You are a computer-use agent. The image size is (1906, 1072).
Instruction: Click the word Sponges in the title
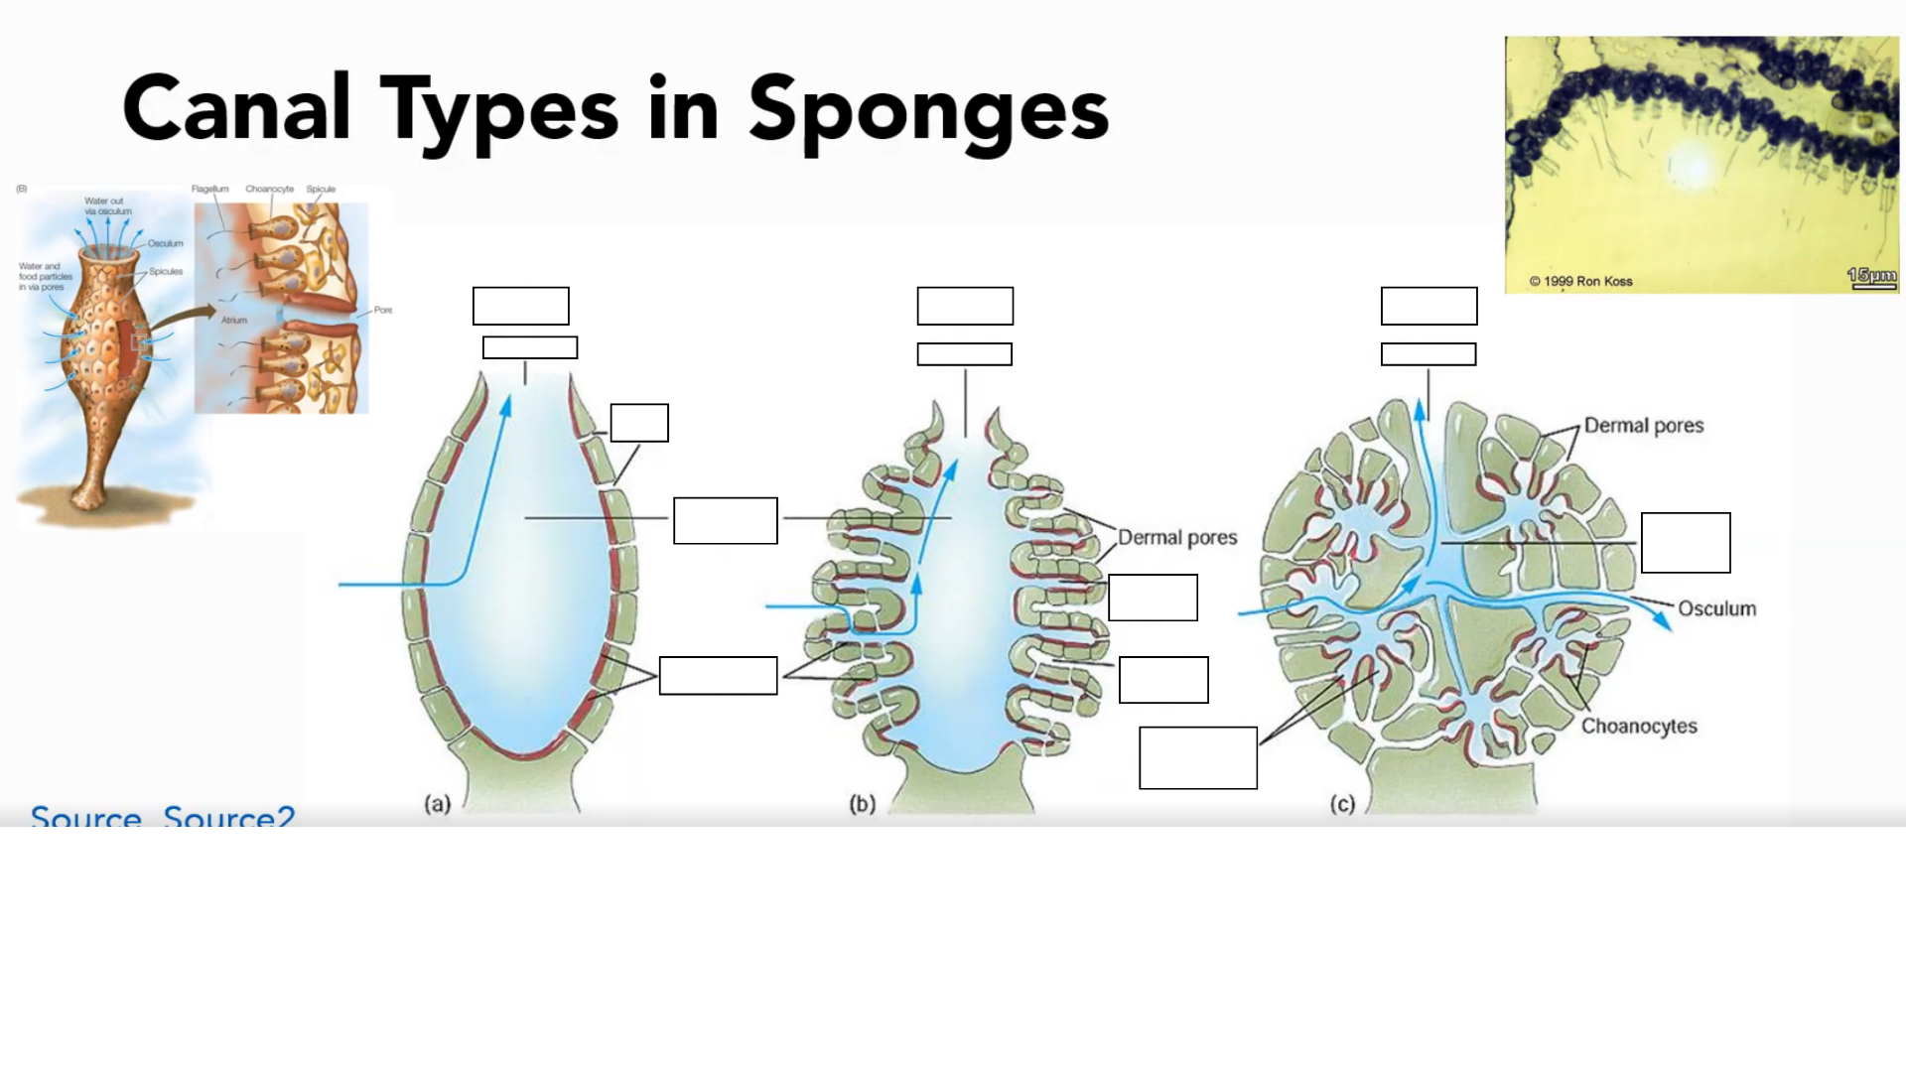(x=928, y=111)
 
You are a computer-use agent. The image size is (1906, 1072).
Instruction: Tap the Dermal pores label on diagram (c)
(x=1643, y=426)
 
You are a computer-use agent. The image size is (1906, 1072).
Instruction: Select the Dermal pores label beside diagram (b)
(x=1177, y=538)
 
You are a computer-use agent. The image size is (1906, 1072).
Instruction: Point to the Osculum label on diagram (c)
(x=1716, y=608)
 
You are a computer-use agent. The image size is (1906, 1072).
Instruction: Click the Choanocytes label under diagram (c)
(x=1639, y=726)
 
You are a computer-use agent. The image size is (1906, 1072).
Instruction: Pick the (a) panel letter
(x=437, y=804)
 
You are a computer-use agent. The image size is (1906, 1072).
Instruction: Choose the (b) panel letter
(x=862, y=804)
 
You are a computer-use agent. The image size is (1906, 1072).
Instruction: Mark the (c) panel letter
(x=1342, y=804)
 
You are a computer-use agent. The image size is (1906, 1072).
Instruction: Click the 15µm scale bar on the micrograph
(x=1871, y=277)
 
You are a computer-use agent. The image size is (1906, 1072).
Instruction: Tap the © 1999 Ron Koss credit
(x=1580, y=281)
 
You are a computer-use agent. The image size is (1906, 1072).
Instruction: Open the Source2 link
(x=229, y=817)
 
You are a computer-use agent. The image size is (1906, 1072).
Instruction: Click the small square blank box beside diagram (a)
(x=639, y=423)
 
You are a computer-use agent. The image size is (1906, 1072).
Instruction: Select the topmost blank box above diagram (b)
(x=965, y=306)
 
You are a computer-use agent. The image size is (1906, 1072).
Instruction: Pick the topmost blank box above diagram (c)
(x=1429, y=306)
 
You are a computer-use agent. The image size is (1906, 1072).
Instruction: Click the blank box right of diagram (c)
(x=1686, y=543)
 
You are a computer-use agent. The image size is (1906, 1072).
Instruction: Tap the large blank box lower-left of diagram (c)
(x=1198, y=758)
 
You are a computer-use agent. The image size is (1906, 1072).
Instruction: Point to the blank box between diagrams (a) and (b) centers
(x=726, y=520)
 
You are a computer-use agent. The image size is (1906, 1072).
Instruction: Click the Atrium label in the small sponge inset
(x=234, y=321)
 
